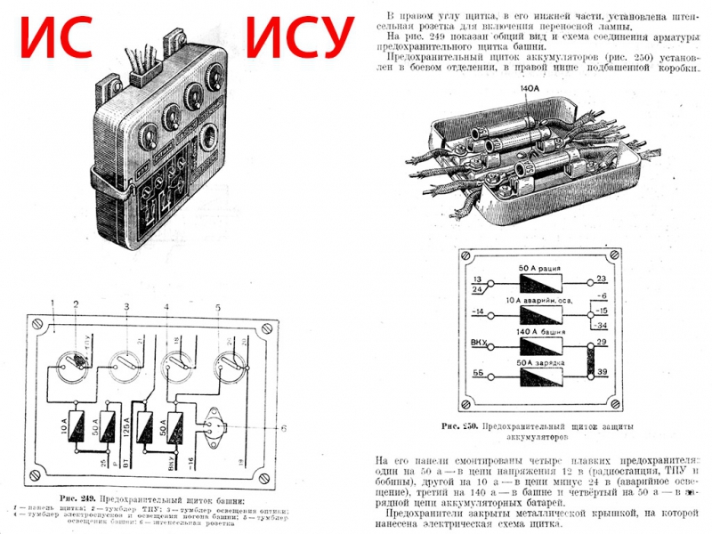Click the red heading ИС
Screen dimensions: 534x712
[x=57, y=38]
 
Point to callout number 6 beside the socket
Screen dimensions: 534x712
[x=284, y=429]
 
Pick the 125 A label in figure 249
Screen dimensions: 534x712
[x=129, y=427]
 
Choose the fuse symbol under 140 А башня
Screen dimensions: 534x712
[x=535, y=347]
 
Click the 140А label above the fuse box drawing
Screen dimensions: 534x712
[x=531, y=89]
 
